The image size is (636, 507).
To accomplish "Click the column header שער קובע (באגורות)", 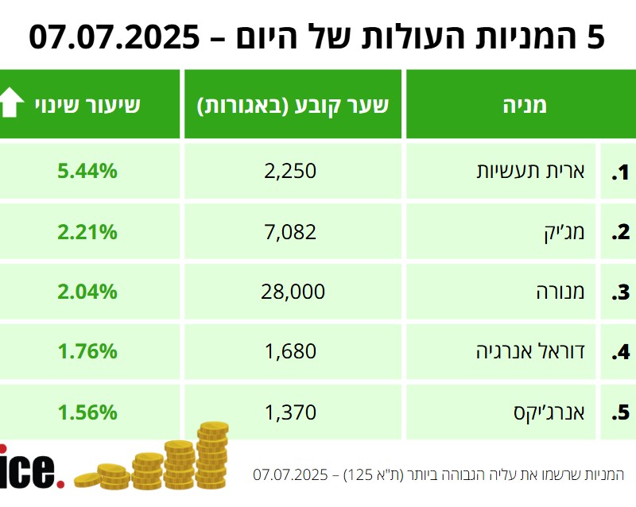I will (293, 105).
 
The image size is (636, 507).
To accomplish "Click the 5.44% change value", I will (87, 170).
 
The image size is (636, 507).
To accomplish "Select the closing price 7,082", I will (293, 231).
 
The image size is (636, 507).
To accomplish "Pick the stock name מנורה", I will (561, 292).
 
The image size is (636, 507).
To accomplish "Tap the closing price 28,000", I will (293, 292).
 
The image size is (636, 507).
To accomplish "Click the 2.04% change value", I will (87, 292).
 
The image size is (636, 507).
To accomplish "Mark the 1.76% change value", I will (87, 351).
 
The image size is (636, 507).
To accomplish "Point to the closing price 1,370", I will (293, 412).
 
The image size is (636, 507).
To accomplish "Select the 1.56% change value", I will (87, 412).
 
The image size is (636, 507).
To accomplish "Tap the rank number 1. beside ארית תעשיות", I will (619, 171).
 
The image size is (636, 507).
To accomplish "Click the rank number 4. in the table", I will (619, 352).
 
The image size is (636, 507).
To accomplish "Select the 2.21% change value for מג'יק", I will (87, 231).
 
